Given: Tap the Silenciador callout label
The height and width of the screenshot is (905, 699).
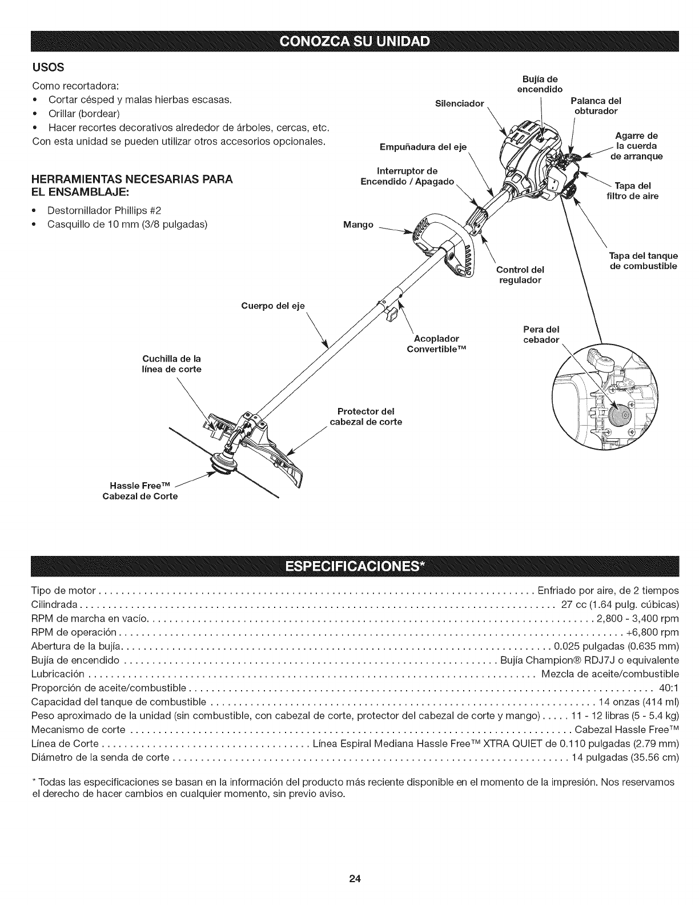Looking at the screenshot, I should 459,104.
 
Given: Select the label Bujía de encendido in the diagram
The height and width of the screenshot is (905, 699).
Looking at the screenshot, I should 540,83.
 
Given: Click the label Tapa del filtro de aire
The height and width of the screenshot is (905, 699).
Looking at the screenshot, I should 632,191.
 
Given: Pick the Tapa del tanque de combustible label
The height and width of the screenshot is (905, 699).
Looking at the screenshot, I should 642,261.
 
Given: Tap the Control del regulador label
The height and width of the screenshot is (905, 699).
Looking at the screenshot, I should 520,275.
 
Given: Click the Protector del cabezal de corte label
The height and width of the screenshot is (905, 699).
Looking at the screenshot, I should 366,417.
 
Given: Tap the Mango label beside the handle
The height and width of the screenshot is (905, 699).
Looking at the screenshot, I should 358,225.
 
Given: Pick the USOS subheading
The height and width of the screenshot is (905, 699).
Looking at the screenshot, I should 43,70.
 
